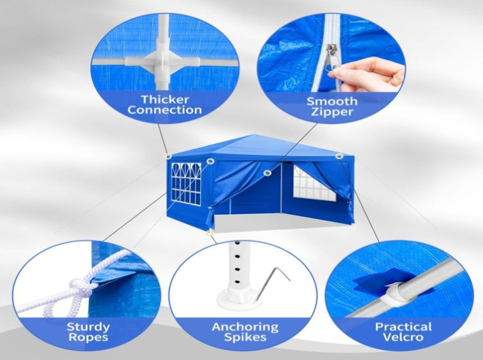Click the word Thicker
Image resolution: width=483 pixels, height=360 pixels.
click(165, 99)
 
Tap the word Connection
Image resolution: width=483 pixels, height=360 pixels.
click(165, 110)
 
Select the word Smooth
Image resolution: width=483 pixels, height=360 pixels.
click(332, 101)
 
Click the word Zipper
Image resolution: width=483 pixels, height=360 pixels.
click(332, 112)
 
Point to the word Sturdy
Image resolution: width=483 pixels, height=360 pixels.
click(88, 327)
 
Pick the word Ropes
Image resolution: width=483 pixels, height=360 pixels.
click(88, 337)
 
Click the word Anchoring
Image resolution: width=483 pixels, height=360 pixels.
click(245, 327)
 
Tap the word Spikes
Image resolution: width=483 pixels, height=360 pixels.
click(245, 337)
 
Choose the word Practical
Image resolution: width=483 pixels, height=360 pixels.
click(403, 327)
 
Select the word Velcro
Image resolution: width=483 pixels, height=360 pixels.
click(403, 337)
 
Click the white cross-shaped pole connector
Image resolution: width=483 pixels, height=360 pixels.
click(163, 60)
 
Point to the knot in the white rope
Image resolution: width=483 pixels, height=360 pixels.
click(81, 288)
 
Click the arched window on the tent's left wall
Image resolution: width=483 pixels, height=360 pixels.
click(186, 184)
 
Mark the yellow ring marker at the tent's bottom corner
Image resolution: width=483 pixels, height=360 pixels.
click(210, 233)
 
